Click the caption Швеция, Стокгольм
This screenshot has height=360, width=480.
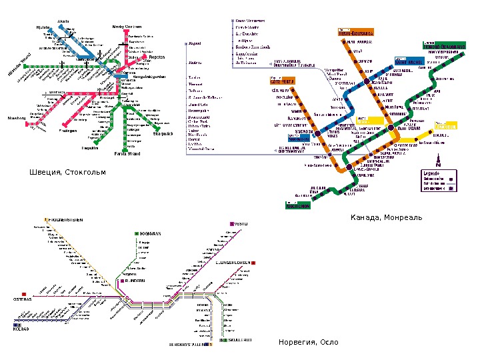[x=67, y=173]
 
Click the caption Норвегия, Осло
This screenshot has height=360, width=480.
[x=308, y=342]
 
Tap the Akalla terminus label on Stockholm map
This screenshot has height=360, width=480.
[x=64, y=21]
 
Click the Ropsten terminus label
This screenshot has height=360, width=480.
[x=157, y=57]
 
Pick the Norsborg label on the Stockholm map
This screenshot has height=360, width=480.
[x=17, y=118]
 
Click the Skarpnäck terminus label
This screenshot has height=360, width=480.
[x=163, y=134]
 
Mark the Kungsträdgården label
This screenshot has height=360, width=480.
[x=149, y=77]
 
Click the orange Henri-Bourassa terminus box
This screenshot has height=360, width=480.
[x=354, y=31]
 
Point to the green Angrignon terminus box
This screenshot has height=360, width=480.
[x=298, y=206]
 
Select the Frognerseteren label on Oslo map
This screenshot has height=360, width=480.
[x=65, y=219]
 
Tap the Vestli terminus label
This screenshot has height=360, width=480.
[x=241, y=223]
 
